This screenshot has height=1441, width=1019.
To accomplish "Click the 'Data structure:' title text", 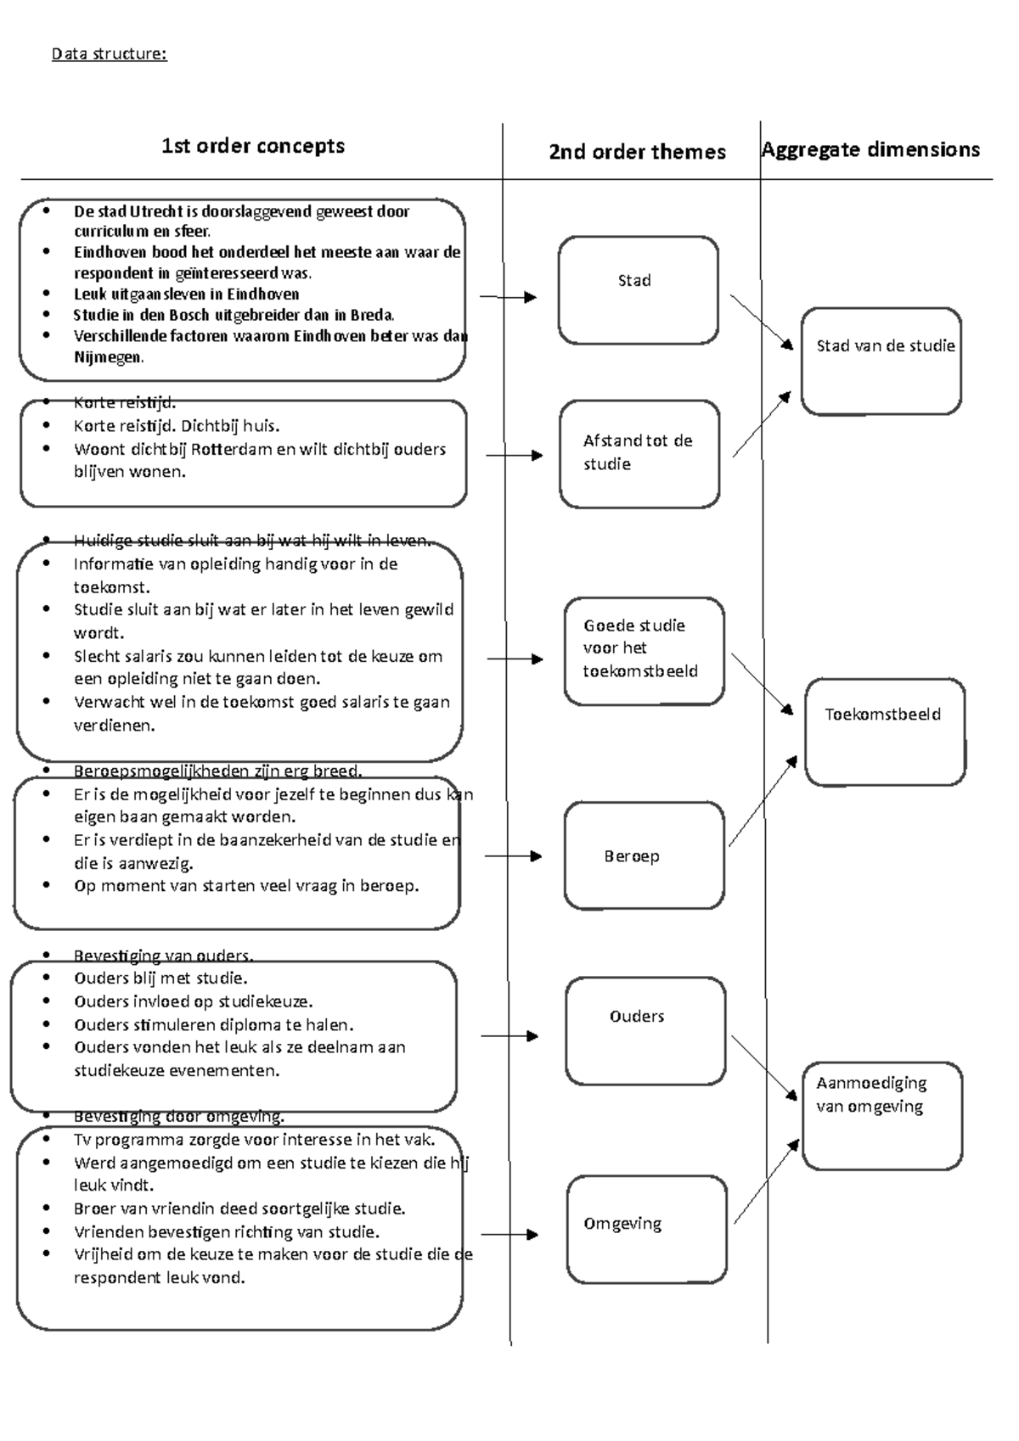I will (x=109, y=54).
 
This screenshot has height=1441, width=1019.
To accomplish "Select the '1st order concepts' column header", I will (x=253, y=146).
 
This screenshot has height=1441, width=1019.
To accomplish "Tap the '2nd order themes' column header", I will (x=637, y=152).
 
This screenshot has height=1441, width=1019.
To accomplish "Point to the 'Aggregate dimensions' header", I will (x=870, y=149).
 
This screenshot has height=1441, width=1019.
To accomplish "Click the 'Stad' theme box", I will (x=638, y=290).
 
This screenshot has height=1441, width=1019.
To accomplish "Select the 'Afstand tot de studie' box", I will (x=639, y=454).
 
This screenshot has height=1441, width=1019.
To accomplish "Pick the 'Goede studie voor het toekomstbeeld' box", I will (x=644, y=651).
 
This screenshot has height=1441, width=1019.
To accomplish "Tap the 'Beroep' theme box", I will (x=644, y=855).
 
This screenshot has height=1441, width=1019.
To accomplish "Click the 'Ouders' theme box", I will (x=645, y=1031).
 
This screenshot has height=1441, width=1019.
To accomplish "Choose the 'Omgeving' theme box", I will (x=646, y=1229).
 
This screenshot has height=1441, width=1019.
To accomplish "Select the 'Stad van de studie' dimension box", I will (x=881, y=361).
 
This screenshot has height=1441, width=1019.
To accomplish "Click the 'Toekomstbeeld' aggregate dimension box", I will (x=884, y=732).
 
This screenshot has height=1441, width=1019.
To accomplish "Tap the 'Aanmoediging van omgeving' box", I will (x=881, y=1115).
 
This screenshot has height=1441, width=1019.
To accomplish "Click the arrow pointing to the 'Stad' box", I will (x=509, y=297).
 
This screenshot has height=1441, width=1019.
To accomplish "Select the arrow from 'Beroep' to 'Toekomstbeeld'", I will (x=763, y=801).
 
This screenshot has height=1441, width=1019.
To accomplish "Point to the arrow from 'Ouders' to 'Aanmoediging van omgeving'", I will (x=764, y=1067).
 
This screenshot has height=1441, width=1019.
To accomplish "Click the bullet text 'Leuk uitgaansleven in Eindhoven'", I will (x=186, y=294).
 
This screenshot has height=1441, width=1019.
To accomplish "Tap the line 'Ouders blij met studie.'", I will (x=160, y=978).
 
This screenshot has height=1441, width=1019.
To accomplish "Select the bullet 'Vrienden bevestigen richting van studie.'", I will (x=226, y=1231).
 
